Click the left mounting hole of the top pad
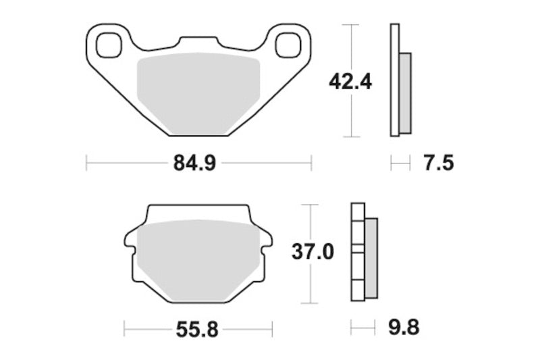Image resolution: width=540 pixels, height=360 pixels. pyautogui.click(x=107, y=45)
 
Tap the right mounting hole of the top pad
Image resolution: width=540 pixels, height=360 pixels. pyautogui.click(x=288, y=45)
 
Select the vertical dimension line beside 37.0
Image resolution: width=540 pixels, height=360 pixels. pyautogui.click(x=310, y=284)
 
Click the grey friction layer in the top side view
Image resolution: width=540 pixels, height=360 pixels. pyautogui.click(x=405, y=93)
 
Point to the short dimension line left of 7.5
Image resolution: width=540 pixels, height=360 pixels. pyautogui.click(x=400, y=163)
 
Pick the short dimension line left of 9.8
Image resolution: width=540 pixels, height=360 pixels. pyautogui.click(x=362, y=329)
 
